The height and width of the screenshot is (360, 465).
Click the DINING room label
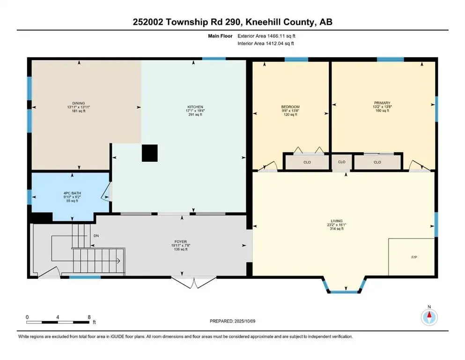tap(79, 103)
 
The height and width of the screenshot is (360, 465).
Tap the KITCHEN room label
tap(195, 107)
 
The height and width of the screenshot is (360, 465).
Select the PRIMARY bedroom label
tap(382, 103)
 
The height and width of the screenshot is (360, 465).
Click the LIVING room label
tap(337, 221)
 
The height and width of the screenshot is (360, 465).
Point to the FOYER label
tap(181, 241)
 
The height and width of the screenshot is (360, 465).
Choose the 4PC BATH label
tap(72, 193)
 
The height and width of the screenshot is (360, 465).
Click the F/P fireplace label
tap(414, 257)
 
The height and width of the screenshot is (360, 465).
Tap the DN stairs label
tap(96, 236)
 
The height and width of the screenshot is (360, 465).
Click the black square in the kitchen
tap(149, 153)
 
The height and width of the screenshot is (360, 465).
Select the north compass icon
tap(429, 317)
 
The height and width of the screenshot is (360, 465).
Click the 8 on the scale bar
tap(89, 317)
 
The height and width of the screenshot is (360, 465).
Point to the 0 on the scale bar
tap(27, 317)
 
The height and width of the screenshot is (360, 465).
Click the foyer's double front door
tap(194, 282)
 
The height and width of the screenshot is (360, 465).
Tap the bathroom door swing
tap(106, 192)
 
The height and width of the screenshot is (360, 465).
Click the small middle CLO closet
tap(342, 162)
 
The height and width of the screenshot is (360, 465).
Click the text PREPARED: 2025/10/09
tap(232, 321)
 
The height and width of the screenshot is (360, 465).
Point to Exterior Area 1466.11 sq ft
tap(266, 36)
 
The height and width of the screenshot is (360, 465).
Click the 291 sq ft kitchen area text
tap(195, 114)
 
